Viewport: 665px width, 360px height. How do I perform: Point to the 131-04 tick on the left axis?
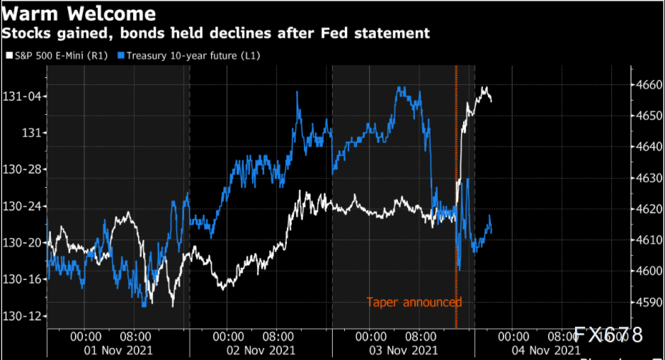click(x=21, y=96)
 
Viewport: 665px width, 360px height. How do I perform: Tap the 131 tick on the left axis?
click(x=30, y=133)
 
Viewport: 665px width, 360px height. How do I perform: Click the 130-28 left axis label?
click(x=21, y=169)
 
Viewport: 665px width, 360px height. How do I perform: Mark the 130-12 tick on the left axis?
click(x=21, y=315)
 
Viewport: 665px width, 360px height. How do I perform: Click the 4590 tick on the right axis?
click(x=646, y=302)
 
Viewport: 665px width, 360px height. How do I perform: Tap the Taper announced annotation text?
click(x=414, y=303)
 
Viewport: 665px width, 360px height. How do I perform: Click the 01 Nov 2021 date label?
click(x=118, y=350)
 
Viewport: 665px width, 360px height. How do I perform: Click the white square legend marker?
click(x=9, y=55)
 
